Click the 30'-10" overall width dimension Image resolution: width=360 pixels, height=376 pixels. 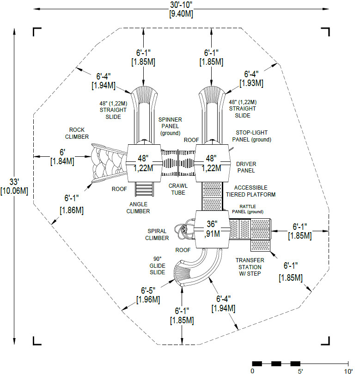point(181,9)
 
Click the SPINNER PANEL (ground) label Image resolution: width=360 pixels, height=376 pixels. point(170,126)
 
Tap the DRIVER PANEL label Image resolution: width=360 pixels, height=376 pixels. point(246,167)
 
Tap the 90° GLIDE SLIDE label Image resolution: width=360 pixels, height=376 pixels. point(157,265)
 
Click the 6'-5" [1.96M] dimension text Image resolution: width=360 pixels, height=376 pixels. point(148,295)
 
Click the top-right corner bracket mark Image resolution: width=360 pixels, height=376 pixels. point(326,31)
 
